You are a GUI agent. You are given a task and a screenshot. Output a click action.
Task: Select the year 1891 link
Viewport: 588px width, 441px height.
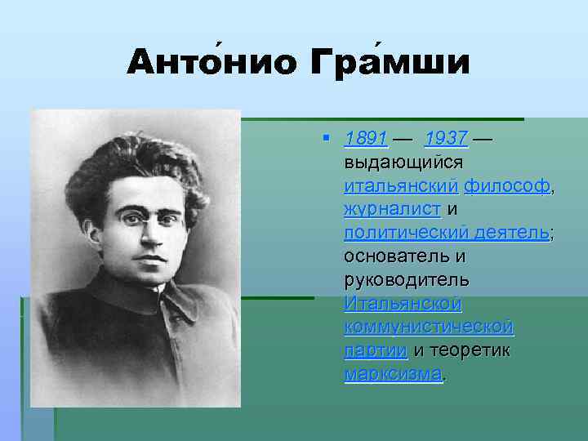point(365,138)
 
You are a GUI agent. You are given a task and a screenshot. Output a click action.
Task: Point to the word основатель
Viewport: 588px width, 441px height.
point(398,256)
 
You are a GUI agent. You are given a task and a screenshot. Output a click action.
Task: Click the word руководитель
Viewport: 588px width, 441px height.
point(406,280)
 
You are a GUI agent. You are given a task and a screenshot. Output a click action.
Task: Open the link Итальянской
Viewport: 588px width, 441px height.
point(403,304)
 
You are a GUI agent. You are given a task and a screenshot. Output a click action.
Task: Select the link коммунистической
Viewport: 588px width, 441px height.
point(429,327)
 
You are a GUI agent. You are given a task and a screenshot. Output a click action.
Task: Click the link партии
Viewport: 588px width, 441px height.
point(376,351)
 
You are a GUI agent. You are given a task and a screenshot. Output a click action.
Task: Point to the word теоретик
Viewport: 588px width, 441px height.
point(471,351)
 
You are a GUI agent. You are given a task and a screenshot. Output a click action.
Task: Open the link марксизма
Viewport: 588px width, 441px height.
point(393,375)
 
